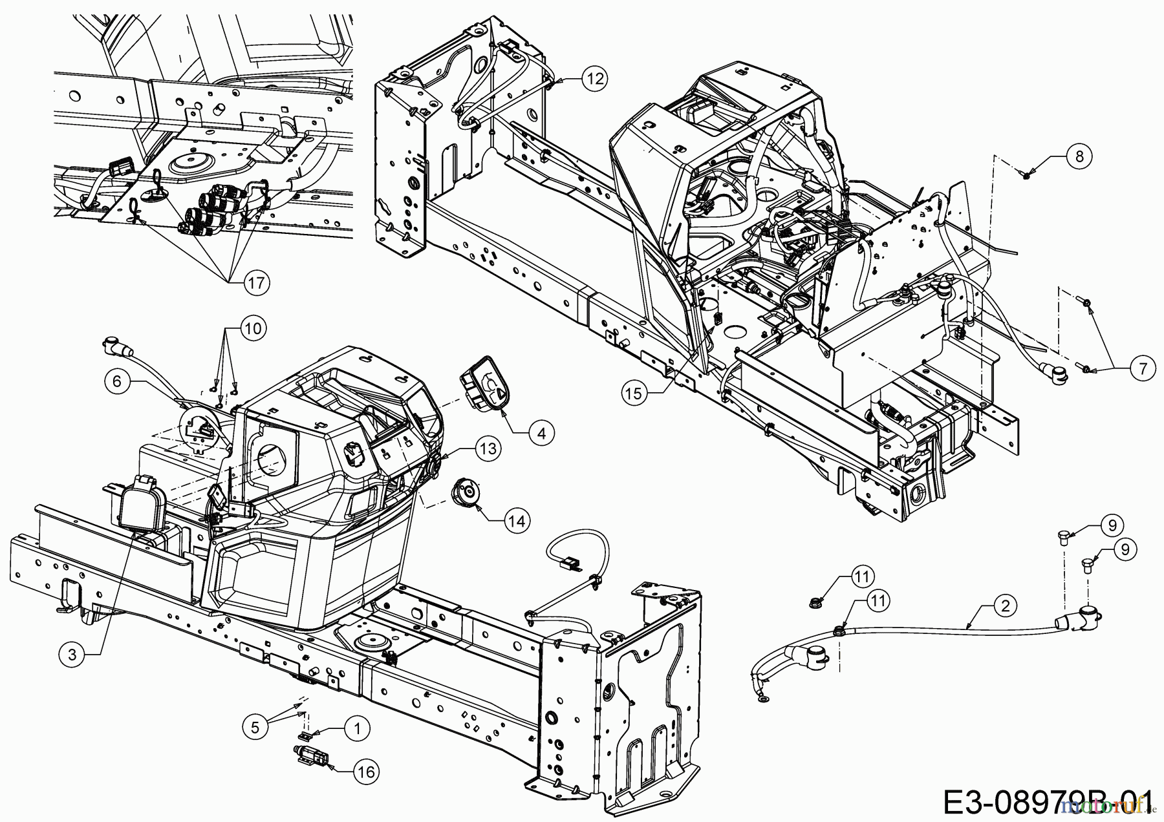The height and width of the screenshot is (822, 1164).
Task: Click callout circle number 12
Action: (594, 78)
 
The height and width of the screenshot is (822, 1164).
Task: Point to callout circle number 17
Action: (257, 283)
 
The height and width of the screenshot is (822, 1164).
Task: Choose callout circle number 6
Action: (117, 382)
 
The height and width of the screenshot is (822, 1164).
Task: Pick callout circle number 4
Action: (541, 433)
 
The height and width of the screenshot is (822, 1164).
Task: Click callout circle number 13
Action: (489, 448)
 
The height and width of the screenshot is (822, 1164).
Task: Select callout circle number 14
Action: (517, 520)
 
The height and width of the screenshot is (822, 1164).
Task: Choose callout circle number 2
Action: (1004, 606)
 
